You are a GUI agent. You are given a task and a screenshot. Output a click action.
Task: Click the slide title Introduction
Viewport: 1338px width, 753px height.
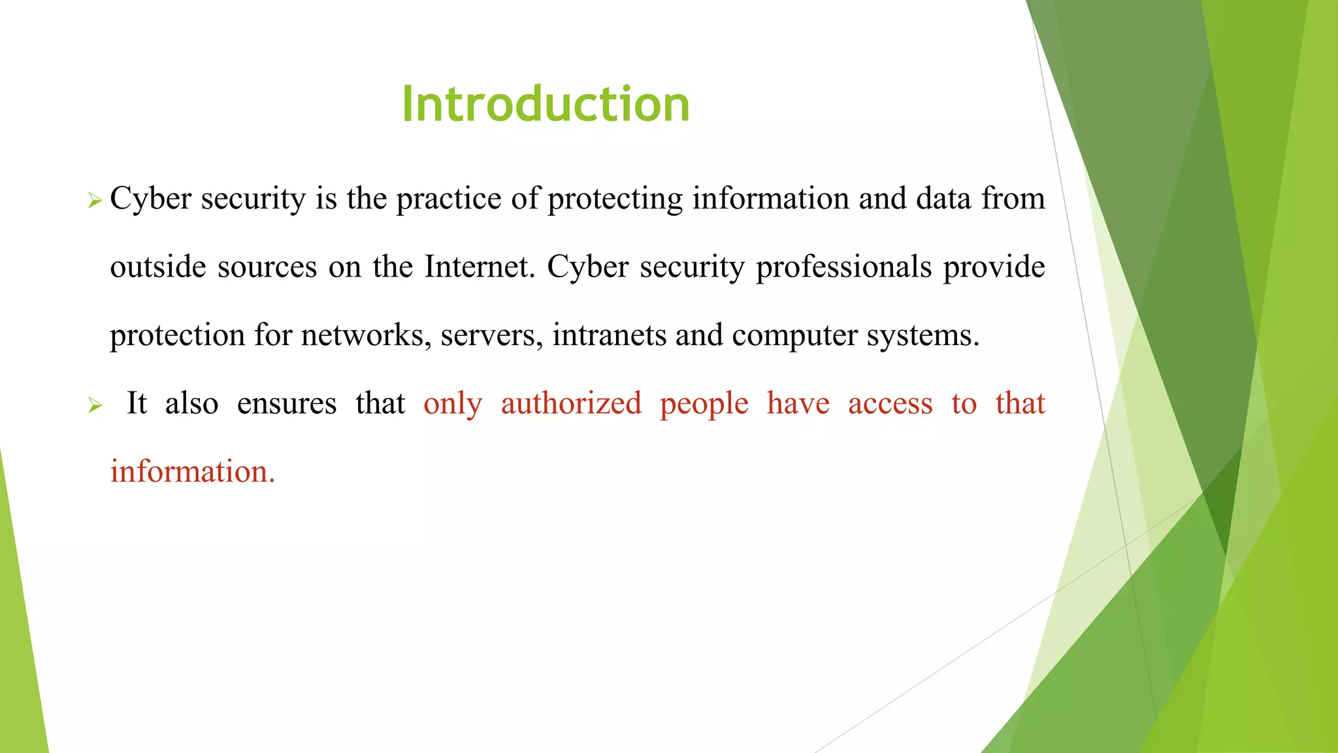coord(546,105)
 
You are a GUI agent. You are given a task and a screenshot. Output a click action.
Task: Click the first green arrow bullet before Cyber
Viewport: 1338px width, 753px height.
coord(95,201)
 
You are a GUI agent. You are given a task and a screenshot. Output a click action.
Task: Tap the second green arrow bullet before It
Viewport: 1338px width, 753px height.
coord(95,406)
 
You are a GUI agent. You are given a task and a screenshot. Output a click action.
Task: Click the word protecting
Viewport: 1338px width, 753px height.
coord(615,199)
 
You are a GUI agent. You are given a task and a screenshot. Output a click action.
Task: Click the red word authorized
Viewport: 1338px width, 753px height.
coord(571,403)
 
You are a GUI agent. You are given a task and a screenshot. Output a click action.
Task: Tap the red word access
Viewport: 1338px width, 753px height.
coord(890,404)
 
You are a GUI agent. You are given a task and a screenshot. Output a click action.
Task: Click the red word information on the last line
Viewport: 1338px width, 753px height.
coord(192,472)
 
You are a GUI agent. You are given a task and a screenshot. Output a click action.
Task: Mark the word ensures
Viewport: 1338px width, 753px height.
coord(287,404)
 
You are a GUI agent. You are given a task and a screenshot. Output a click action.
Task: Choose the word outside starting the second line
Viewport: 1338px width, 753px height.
coord(158,267)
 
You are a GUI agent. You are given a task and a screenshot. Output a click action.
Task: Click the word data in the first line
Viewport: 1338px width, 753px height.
coord(943,199)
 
